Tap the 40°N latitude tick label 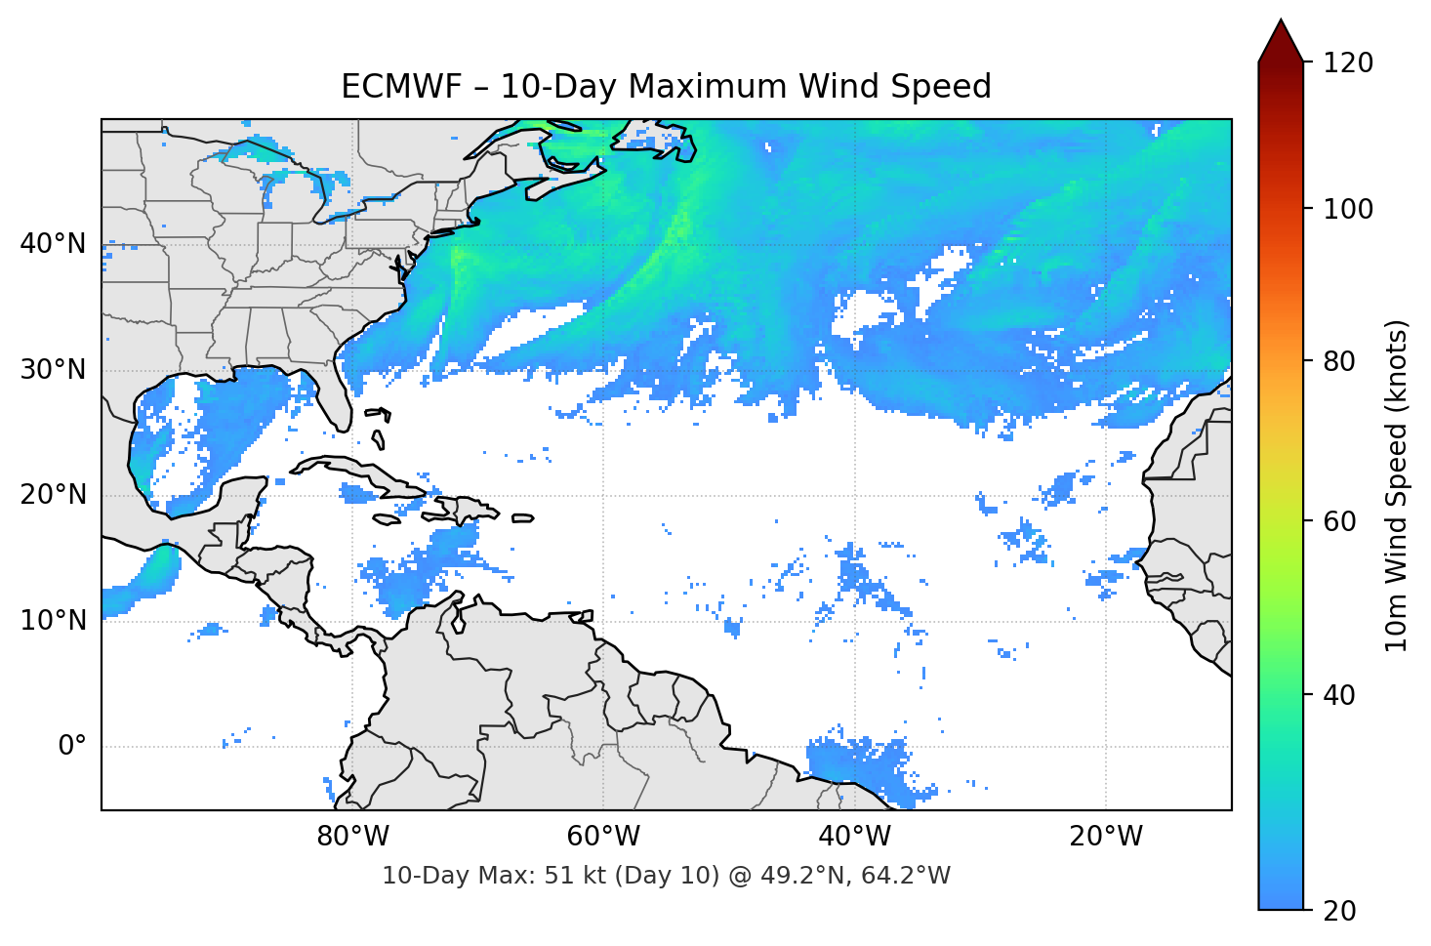pyautogui.click(x=53, y=244)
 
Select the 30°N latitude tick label pyautogui.click(x=53, y=370)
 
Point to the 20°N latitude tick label pyautogui.click(x=53, y=495)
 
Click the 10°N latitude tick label pyautogui.click(x=53, y=621)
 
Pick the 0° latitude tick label pyautogui.click(x=72, y=747)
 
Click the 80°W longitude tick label pyautogui.click(x=352, y=837)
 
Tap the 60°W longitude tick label pyautogui.click(x=603, y=837)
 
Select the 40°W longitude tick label pyautogui.click(x=854, y=837)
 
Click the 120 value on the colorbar pyautogui.click(x=1348, y=63)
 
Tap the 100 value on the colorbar pyautogui.click(x=1348, y=209)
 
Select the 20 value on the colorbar pyautogui.click(x=1339, y=911)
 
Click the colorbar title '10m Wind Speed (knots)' pyautogui.click(x=1397, y=486)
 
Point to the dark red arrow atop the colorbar pyautogui.click(x=1281, y=41)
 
